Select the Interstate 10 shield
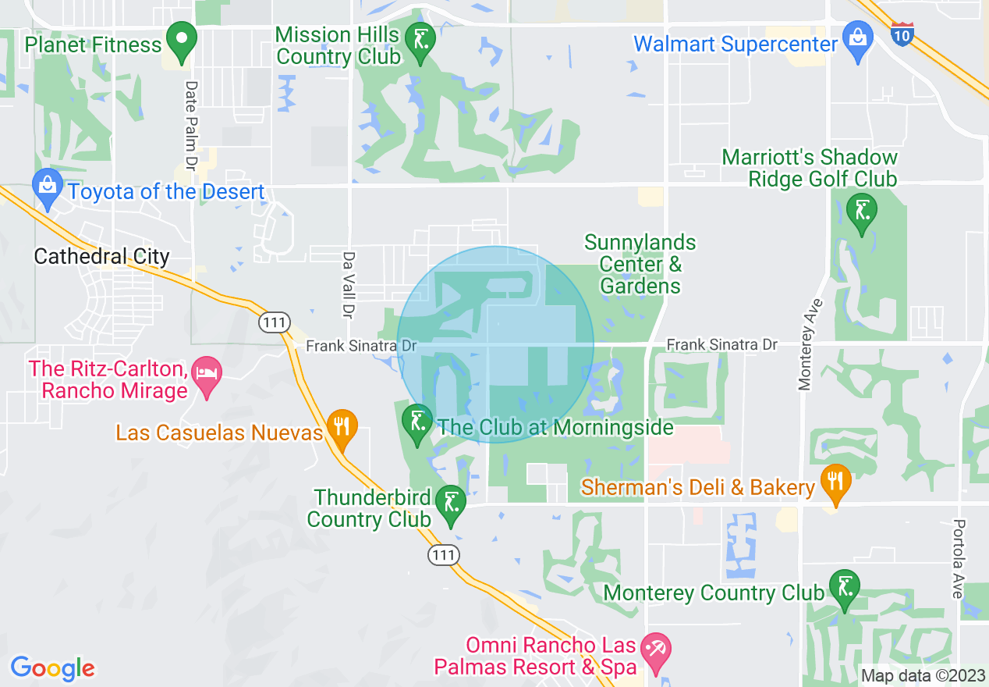coord(902,34)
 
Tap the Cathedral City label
coord(101,257)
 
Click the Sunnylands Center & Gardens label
coord(640,265)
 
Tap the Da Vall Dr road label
coord(349,284)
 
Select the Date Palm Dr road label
coord(190,126)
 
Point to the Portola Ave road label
coord(959,559)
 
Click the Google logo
coord(52,668)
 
